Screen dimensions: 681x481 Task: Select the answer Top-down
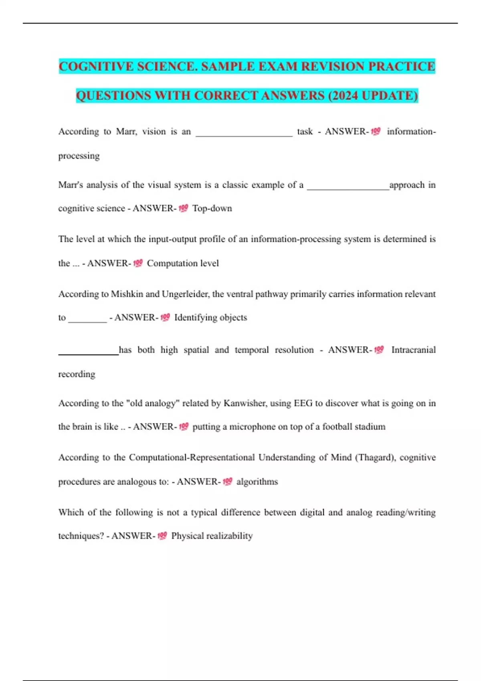pos(212,208)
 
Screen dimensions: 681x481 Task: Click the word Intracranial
pos(413,350)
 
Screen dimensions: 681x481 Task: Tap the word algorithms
pos(257,482)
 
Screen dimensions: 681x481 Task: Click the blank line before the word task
pos(244,135)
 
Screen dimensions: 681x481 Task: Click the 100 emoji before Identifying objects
pos(165,318)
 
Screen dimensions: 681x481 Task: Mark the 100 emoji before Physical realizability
pos(162,536)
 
